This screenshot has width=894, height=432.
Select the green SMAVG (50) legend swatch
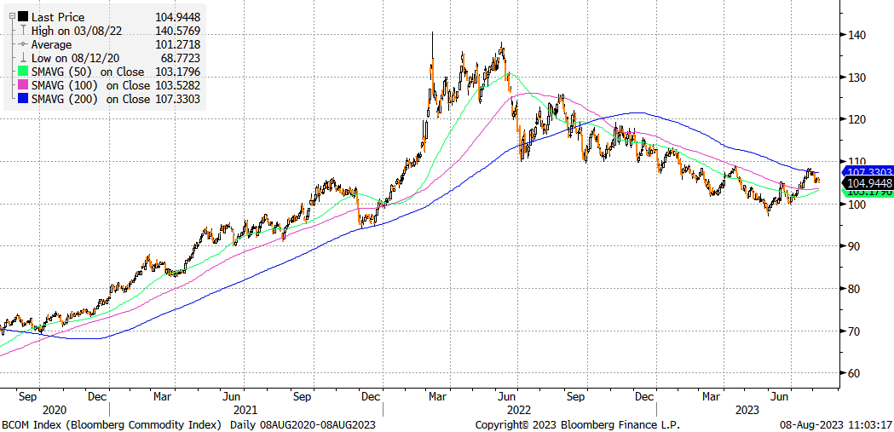(23, 72)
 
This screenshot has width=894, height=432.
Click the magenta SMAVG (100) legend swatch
(23, 85)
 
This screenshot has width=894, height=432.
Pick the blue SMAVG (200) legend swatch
(23, 99)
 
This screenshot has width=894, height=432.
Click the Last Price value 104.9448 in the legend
(179, 16)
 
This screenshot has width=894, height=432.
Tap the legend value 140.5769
(179, 31)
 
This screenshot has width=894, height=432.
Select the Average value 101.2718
(179, 44)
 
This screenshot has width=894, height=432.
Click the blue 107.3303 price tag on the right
(868, 172)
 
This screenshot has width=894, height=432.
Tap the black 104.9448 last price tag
(868, 182)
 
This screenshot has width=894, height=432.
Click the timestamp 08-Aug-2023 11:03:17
(834, 424)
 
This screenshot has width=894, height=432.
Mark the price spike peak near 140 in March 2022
(432, 33)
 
